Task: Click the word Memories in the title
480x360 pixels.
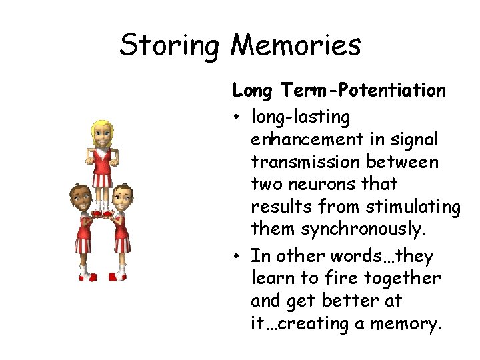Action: click(295, 45)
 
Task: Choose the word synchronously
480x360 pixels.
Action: click(363, 230)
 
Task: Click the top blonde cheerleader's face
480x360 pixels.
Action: click(102, 135)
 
